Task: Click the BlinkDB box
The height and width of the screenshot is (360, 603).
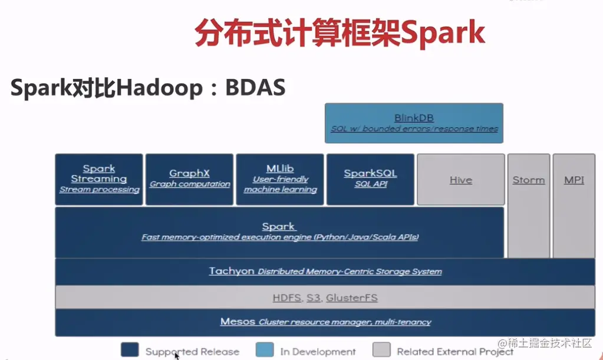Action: [414, 123]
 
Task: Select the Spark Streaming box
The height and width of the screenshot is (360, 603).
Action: [99, 180]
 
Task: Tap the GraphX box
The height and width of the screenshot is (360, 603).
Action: [190, 180]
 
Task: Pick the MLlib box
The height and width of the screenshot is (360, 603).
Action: [280, 180]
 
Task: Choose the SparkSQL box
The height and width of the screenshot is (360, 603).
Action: [370, 180]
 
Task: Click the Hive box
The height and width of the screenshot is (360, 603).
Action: [461, 180]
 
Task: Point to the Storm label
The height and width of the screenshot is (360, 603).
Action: [529, 180]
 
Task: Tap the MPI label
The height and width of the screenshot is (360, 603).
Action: [574, 180]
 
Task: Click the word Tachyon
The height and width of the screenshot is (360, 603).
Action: [232, 271]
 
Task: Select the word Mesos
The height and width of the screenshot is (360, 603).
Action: [238, 321]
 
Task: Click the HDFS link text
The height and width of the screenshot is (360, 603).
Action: [287, 298]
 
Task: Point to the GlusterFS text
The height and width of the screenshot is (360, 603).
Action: [352, 298]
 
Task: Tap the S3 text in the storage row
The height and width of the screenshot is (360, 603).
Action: [314, 298]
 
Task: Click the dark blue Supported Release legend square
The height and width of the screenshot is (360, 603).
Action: [130, 349]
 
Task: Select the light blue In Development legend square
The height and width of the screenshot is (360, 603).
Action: [265, 349]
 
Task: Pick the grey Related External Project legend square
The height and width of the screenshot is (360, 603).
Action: [381, 349]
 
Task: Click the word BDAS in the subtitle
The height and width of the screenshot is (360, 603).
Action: [255, 87]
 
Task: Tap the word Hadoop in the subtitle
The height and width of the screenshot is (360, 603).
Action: [159, 88]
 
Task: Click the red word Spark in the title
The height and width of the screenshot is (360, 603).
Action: [443, 33]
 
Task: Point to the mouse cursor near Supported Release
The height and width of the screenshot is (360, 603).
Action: [176, 356]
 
